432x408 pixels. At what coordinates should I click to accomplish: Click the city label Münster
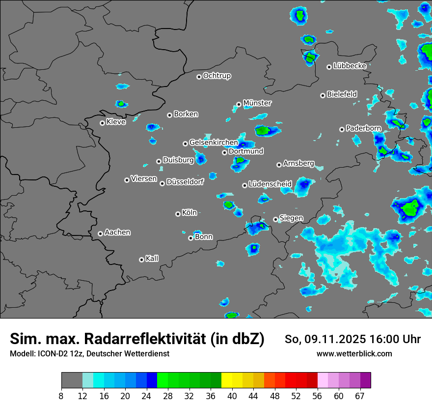(257, 103)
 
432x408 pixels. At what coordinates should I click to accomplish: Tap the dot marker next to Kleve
(102, 123)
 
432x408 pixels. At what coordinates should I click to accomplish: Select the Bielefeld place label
(342, 94)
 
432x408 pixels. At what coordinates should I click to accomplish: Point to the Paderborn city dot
(342, 129)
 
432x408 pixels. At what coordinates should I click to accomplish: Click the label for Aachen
(117, 233)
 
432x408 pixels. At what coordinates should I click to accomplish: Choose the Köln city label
(189, 213)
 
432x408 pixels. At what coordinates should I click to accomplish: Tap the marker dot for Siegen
(275, 219)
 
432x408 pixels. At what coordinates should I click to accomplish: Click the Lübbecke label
(350, 66)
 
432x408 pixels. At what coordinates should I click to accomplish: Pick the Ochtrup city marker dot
(199, 77)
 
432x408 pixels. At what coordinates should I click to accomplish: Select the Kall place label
(152, 259)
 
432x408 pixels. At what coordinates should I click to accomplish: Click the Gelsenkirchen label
(214, 143)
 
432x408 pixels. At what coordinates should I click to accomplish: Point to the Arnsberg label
(298, 164)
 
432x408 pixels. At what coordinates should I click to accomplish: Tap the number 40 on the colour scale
(232, 396)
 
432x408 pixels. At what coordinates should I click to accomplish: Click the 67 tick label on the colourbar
(360, 396)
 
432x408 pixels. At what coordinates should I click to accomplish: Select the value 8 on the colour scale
(61, 396)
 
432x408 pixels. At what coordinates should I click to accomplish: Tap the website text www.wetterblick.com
(354, 354)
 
